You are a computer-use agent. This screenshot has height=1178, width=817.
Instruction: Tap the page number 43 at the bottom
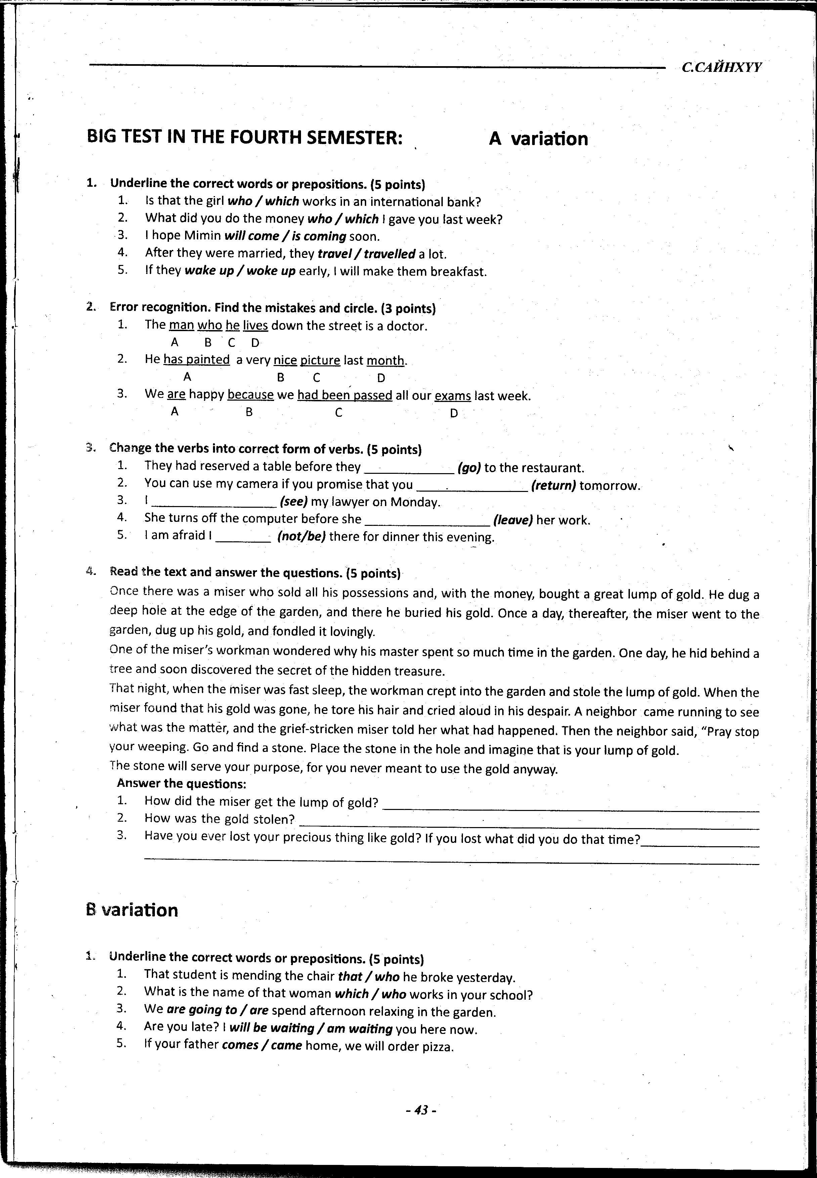pyautogui.click(x=420, y=1110)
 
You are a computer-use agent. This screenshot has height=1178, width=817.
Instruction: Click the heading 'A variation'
pyautogui.click(x=538, y=139)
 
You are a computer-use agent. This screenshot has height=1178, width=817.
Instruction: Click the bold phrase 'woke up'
pyautogui.click(x=271, y=271)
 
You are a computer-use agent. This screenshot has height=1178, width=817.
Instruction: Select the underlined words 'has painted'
pyautogui.click(x=197, y=360)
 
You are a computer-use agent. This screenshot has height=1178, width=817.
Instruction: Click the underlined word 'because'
pyautogui.click(x=250, y=395)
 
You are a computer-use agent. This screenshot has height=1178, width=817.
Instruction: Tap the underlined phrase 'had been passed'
pyautogui.click(x=345, y=396)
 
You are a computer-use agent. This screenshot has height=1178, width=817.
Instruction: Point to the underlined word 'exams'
pyautogui.click(x=453, y=396)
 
